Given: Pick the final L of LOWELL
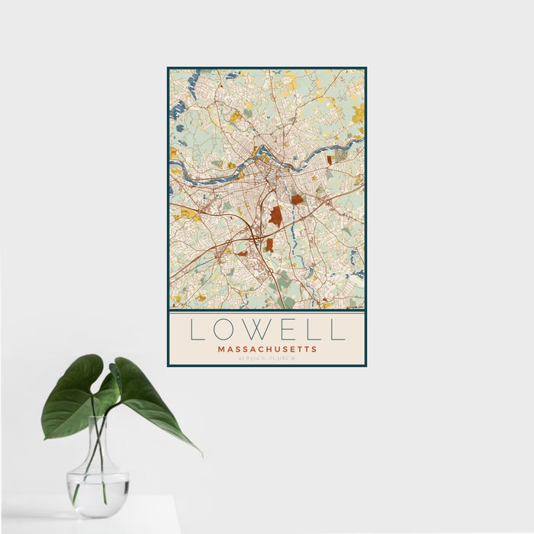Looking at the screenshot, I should pyautogui.click(x=338, y=330).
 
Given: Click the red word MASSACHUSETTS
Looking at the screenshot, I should pyautogui.click(x=267, y=349).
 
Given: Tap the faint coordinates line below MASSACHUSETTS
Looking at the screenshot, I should pyautogui.click(x=267, y=358).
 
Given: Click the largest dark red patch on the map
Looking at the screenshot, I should pyautogui.click(x=275, y=216).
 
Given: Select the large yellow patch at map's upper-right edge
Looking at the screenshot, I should pyautogui.click(x=359, y=113).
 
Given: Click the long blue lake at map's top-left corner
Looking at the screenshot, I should pyautogui.click(x=179, y=107).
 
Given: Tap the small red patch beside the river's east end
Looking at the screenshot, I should pyautogui.click(x=330, y=160).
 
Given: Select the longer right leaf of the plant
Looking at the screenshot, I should pyautogui.click(x=149, y=404).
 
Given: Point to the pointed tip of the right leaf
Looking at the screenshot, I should pyautogui.click(x=201, y=455).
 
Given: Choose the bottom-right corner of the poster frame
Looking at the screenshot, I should pyautogui.click(x=365, y=365).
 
